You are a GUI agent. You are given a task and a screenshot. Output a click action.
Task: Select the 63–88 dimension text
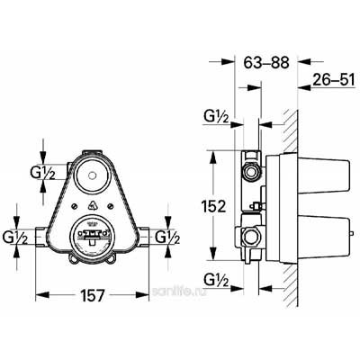[x=266, y=63]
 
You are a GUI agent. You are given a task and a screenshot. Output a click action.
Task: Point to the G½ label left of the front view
[x=18, y=238]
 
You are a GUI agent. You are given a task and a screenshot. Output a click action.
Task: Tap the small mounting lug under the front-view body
[x=93, y=266]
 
